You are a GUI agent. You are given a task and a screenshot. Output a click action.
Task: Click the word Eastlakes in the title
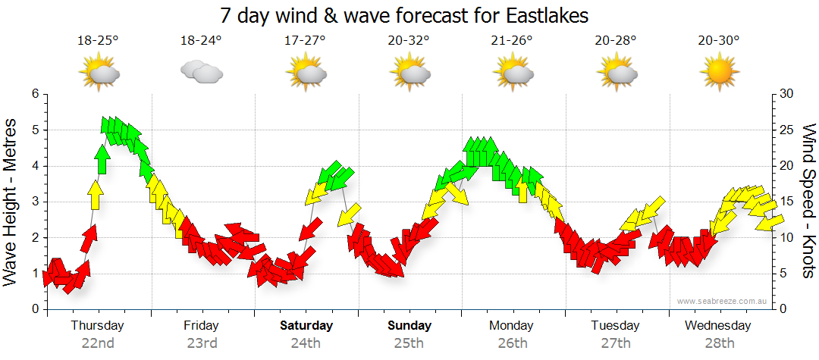click(544, 14)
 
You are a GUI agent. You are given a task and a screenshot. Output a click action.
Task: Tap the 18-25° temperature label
click(98, 40)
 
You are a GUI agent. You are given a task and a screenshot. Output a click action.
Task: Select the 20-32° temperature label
click(409, 40)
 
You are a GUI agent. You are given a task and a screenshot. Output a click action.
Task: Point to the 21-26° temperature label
click(513, 40)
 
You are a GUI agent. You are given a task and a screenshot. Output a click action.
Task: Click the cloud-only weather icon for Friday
click(201, 72)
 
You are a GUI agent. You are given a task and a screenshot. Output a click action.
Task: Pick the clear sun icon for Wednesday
click(720, 73)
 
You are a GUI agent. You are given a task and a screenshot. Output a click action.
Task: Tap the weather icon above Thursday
click(99, 73)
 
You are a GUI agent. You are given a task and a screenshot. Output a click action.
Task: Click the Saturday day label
click(306, 326)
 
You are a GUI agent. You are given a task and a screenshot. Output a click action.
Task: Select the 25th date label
click(409, 343)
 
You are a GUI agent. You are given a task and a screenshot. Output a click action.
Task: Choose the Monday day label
click(513, 326)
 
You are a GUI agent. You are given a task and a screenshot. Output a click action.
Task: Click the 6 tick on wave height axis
click(34, 94)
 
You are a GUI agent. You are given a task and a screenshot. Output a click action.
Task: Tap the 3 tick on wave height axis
click(34, 202)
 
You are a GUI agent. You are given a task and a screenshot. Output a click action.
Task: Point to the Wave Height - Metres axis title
click(13, 202)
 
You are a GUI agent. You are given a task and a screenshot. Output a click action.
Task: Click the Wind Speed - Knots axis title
click(808, 202)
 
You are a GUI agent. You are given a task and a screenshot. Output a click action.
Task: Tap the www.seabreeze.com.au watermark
click(723, 301)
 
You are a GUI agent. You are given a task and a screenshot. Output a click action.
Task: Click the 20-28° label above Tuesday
click(616, 40)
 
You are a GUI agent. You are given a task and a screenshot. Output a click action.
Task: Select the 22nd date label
click(98, 343)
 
